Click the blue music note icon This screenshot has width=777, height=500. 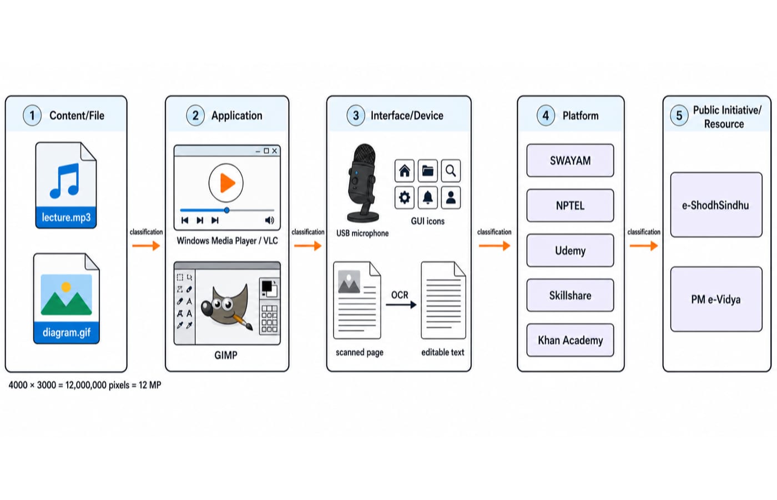pos(65,181)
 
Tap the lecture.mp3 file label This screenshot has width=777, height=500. pos(66,217)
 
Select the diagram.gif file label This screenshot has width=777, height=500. pos(67,332)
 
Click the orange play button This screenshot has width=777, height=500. pos(226,183)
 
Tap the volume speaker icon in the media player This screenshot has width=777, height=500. pos(270,221)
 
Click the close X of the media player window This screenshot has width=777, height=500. pos(275,151)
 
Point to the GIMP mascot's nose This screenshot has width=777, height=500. pos(206,308)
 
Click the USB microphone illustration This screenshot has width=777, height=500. pos(362,183)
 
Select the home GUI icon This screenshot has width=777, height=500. pos(405,171)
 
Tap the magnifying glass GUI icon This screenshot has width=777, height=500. pos(451,171)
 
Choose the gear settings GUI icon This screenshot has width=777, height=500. pos(405,198)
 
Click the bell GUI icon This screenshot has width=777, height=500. pos(428,198)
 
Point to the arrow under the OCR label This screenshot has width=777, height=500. pos(401,305)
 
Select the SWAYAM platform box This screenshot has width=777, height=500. pos(571,161)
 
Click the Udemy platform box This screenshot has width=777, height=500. pos(571,251)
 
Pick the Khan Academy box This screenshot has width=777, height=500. pos(571,340)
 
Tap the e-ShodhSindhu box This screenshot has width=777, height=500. pos(717,205)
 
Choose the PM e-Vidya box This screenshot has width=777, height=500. pos(717,299)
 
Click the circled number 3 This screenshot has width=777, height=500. pos(356,116)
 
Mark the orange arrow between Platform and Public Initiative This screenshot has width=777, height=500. pos(644,246)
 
